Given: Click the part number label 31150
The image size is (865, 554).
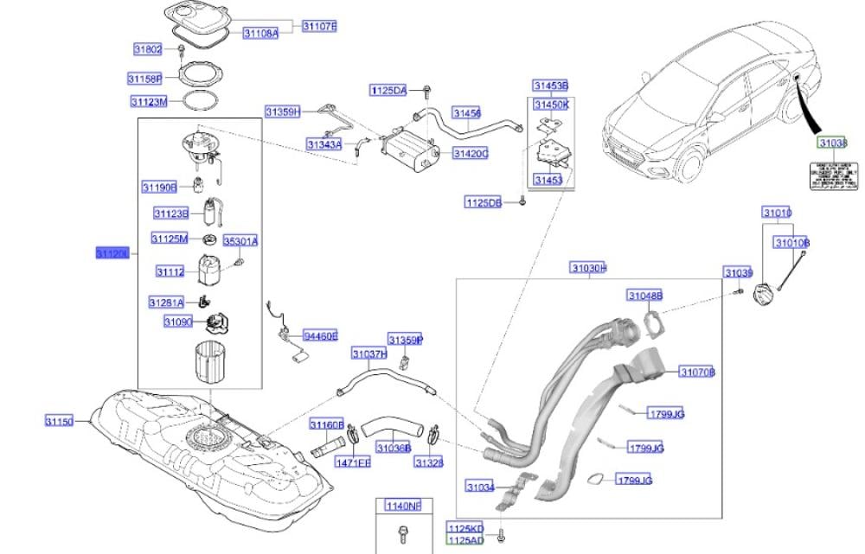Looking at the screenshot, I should coord(61,422).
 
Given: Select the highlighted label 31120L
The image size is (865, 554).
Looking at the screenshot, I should coord(112,253).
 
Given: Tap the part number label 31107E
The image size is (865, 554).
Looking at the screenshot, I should coord(319,27).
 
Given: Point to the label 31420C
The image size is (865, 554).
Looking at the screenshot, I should coord(471,153).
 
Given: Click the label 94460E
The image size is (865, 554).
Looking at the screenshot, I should coord(319,335).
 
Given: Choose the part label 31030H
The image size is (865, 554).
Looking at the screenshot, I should coord(587,269).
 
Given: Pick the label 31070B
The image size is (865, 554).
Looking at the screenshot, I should coord(697,373).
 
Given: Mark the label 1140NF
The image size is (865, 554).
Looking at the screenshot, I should coord(403,506).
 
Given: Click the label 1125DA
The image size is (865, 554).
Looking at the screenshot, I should coord(388,90).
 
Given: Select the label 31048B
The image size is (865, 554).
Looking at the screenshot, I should coord(644,296).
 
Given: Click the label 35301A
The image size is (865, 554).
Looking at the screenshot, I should coord(241,241).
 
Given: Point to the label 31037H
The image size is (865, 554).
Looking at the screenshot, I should coord(368,353).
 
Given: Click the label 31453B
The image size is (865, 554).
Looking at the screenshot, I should coord(549,86).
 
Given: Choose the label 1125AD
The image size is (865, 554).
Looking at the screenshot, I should coord(465,539).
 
